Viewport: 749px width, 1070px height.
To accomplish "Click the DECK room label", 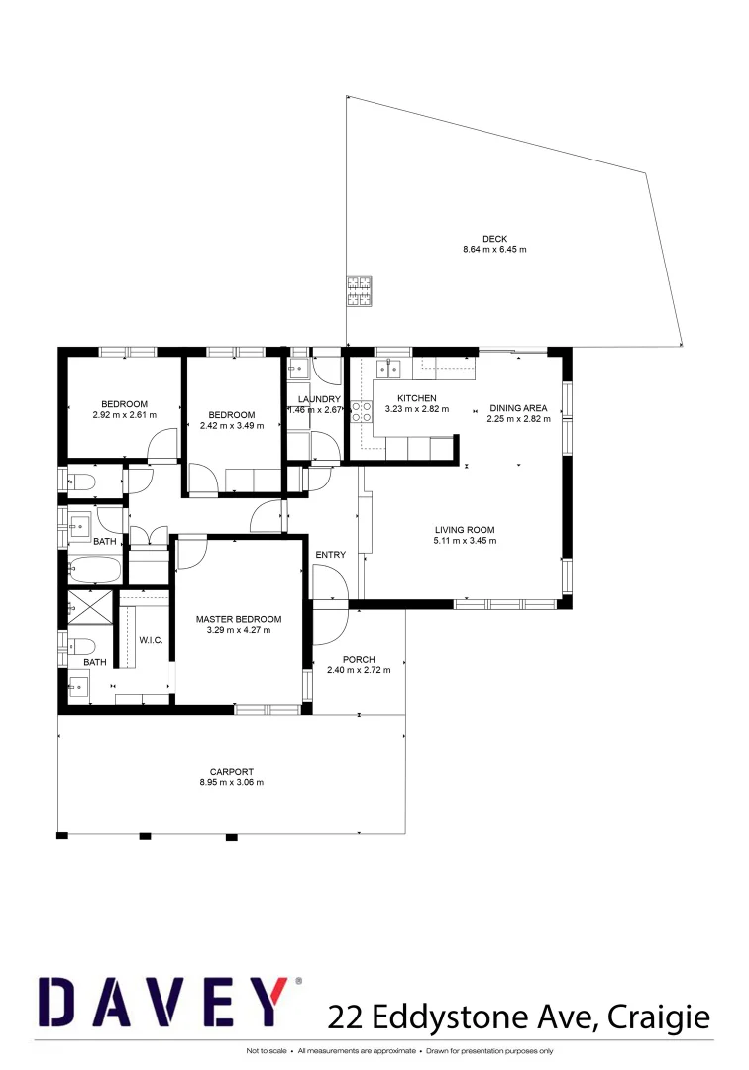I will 494,238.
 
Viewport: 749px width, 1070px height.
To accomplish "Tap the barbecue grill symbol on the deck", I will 358,291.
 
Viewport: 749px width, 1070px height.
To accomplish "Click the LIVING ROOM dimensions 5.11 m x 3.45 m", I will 465,541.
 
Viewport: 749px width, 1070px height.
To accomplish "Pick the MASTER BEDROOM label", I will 238,619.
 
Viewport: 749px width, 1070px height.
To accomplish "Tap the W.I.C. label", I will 151,639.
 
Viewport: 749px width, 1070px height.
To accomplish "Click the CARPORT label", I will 232,771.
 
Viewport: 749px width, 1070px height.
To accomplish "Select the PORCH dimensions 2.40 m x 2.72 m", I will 359,670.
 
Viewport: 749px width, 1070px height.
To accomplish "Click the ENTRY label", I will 330,555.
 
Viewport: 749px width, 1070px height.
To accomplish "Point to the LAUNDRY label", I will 319,399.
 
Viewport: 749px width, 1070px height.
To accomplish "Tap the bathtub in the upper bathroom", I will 95,571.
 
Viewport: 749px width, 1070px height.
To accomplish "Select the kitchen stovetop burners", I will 362,412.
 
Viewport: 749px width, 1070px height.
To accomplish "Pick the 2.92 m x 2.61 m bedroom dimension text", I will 124,414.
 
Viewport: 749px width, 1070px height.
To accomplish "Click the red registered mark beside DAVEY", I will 298,981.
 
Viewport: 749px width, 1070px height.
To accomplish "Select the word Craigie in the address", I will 663,1016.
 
